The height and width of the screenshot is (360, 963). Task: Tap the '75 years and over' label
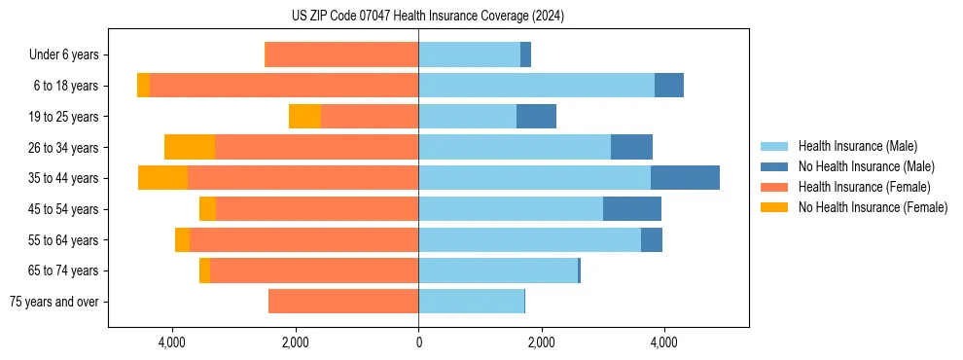point(54,302)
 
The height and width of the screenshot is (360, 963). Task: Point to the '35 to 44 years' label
point(63,178)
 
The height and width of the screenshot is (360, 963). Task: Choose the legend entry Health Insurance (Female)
point(864,187)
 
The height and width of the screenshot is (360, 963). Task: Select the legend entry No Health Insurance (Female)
point(873,207)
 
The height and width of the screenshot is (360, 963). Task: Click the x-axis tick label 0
point(418,342)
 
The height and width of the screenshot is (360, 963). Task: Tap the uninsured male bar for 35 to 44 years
point(685,178)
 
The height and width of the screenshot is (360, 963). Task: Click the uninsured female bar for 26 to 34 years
point(190,147)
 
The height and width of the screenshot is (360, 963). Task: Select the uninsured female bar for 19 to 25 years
point(304,117)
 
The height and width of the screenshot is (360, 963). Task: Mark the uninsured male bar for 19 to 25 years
point(536,117)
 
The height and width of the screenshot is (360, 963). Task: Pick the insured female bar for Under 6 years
point(341,55)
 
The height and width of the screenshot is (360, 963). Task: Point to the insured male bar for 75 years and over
point(471,302)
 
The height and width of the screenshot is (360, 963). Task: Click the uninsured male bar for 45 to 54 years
point(632,209)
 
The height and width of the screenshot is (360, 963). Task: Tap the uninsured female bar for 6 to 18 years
point(143,86)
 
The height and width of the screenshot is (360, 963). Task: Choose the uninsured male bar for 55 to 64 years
point(652,239)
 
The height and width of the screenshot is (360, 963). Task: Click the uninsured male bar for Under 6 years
point(525,55)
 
